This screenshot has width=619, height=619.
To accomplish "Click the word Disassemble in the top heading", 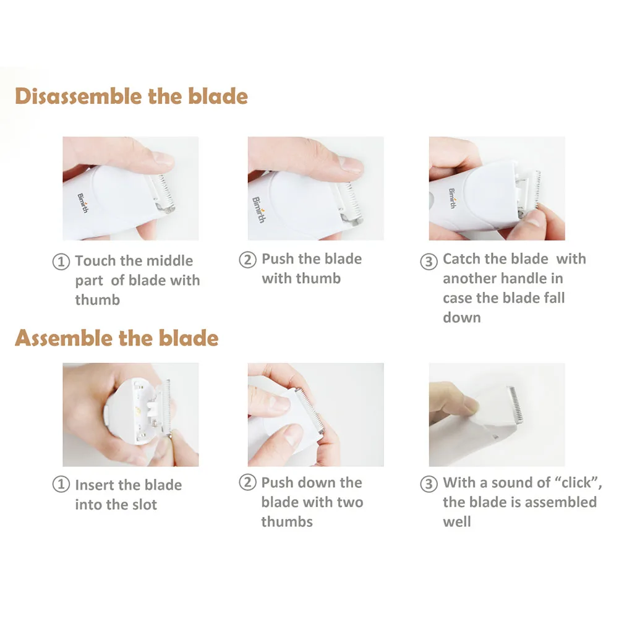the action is tap(79, 96).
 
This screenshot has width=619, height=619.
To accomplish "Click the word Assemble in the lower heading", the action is tap(58, 338).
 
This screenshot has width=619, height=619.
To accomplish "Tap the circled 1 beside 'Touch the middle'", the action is tap(61, 262).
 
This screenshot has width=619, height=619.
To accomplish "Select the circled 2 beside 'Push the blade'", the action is tap(247, 259).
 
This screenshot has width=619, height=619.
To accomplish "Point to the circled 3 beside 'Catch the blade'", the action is tap(429, 261).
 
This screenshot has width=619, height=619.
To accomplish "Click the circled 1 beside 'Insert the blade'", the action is tap(61, 484).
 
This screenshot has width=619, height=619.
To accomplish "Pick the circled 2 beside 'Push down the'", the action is tap(247, 482).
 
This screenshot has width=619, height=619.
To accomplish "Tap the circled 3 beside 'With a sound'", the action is tap(429, 484).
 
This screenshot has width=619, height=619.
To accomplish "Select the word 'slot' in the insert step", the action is tap(145, 505).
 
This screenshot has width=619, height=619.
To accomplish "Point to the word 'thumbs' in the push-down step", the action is tap(287, 521).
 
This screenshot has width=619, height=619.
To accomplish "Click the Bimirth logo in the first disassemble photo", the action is tap(83, 203).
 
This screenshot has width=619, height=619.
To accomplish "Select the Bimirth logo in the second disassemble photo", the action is tap(258, 209).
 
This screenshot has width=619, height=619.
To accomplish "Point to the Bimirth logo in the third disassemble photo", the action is tap(452, 198).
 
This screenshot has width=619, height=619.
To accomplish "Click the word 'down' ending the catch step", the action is tap(462, 317).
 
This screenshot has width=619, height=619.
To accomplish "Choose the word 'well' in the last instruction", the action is tap(457, 521).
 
